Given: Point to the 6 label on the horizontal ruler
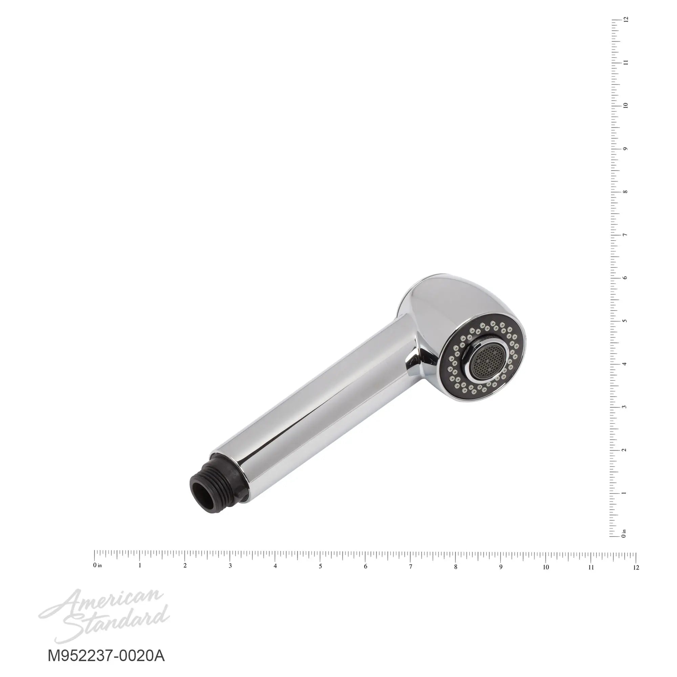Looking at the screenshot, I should point(366,567).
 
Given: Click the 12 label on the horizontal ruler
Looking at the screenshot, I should point(636,568).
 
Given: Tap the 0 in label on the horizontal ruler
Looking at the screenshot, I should point(97,565).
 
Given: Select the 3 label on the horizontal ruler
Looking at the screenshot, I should point(230,566).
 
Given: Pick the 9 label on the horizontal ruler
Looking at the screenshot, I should point(501,567).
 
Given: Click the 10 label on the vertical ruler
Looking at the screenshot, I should point(626,106).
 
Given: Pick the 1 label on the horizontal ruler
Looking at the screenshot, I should point(140,565).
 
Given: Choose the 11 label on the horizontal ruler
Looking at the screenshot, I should point(591,567).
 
